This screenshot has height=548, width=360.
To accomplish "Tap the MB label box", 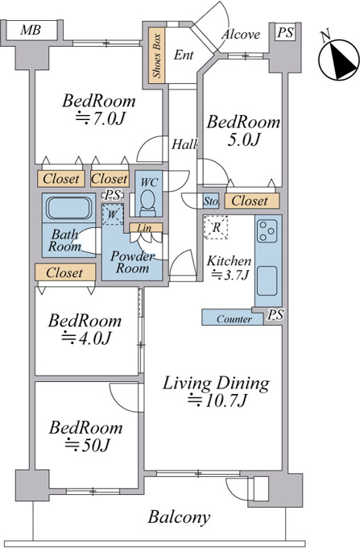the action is click(31, 31).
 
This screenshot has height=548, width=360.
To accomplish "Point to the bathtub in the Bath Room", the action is click(68, 208).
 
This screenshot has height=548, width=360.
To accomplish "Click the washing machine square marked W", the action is click(113, 214).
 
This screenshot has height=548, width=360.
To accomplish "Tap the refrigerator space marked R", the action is click(216, 227).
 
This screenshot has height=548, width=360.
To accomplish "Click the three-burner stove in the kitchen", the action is click(268, 230).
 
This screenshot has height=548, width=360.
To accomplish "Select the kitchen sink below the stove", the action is click(267, 281).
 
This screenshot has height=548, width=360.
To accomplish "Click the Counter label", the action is click(234, 319).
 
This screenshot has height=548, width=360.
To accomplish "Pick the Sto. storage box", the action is click(211, 201).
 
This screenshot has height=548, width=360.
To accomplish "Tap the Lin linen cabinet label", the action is click(145, 228).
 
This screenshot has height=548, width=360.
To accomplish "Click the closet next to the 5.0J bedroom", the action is click(252, 201).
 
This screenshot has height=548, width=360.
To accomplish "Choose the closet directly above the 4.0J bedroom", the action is click(65, 272).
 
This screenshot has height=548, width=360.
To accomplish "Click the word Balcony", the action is click(179, 517).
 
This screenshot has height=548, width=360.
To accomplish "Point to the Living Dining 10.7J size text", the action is click(218, 401).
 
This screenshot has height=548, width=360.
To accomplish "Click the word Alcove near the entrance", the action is click(241, 34).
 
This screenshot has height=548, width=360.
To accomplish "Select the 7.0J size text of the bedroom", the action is click(100, 118).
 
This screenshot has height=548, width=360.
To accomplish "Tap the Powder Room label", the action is click(132, 262).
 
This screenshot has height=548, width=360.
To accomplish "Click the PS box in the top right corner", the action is click(285, 33).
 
